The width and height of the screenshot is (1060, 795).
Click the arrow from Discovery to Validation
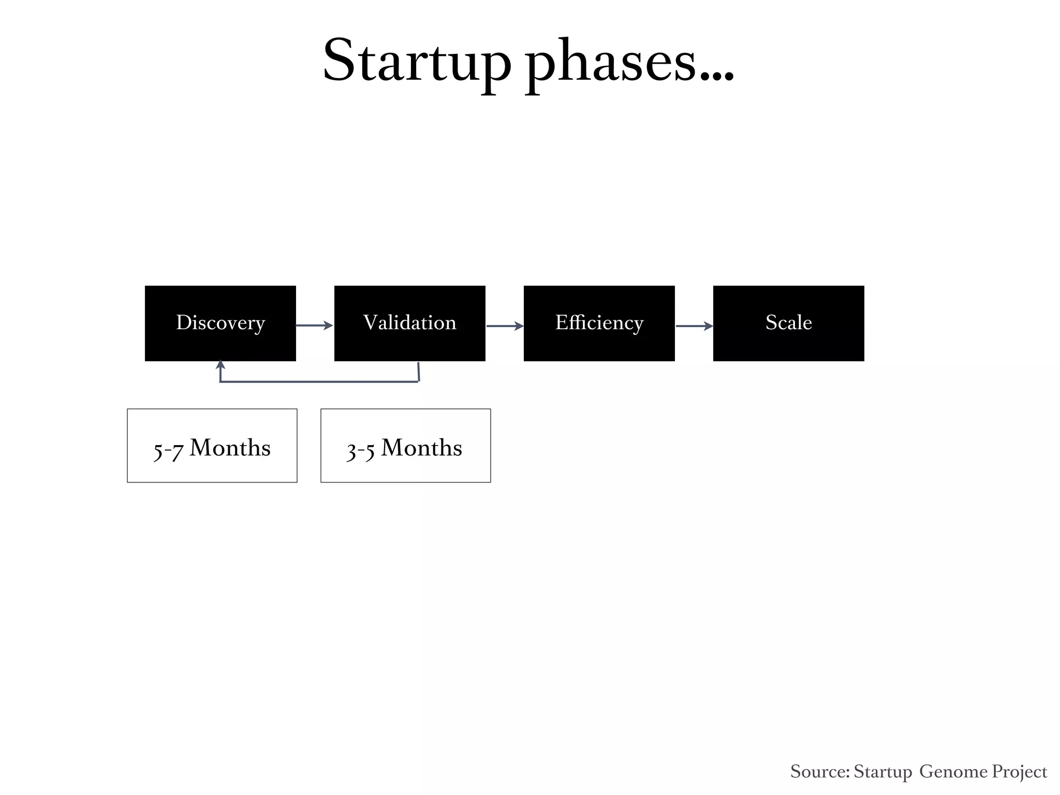click(x=314, y=325)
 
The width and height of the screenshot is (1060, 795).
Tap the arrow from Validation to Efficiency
click(x=505, y=326)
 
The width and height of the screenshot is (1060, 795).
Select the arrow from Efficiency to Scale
click(x=694, y=326)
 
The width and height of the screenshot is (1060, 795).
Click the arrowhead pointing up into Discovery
click(x=220, y=364)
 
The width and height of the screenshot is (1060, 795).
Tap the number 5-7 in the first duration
click(x=168, y=450)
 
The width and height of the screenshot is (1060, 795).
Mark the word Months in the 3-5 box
click(x=421, y=448)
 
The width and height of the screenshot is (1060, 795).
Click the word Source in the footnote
click(x=819, y=771)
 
